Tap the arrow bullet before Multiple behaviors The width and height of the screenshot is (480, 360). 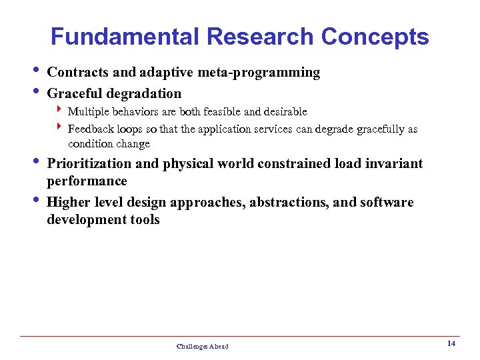tap(59, 111)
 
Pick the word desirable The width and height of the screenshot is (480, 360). tap(285, 111)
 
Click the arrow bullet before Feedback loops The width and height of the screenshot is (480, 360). tap(59, 128)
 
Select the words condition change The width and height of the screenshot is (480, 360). tap(109, 144)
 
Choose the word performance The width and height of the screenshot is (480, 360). tap(87, 181)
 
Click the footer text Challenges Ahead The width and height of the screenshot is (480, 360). tap(202, 346)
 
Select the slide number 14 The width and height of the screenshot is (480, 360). tap(451, 343)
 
